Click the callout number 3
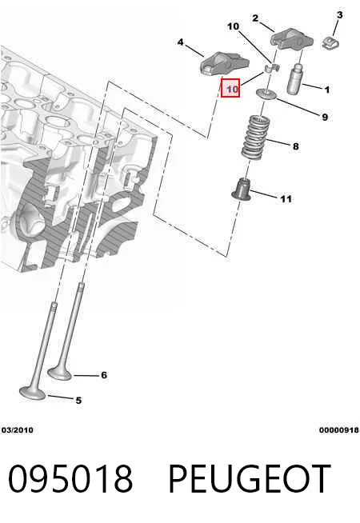click(x=339, y=15)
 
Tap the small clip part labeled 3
click(x=330, y=43)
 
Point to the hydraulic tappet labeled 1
click(x=295, y=78)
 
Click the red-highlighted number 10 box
click(x=230, y=88)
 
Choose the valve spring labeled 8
click(x=255, y=137)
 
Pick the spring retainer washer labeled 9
click(x=266, y=94)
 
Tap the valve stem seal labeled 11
click(x=242, y=190)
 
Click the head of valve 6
click(x=60, y=373)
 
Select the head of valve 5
click(x=33, y=393)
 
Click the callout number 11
click(x=286, y=199)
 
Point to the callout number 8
click(x=296, y=146)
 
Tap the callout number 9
click(x=325, y=118)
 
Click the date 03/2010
click(x=18, y=430)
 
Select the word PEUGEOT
click(x=250, y=478)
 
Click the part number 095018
click(x=70, y=478)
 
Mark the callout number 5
click(x=78, y=401)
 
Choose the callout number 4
click(x=180, y=42)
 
